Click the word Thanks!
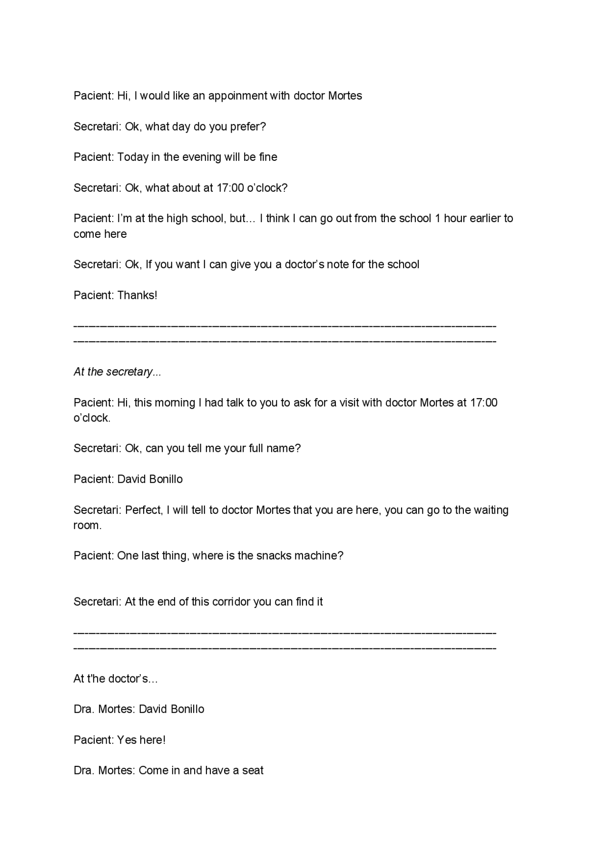click(137, 295)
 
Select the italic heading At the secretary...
click(117, 372)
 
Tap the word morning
click(176, 403)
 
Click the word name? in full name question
click(284, 449)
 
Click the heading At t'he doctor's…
click(115, 679)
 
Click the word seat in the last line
click(253, 771)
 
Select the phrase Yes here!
click(141, 740)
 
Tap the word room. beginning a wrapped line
click(87, 526)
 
